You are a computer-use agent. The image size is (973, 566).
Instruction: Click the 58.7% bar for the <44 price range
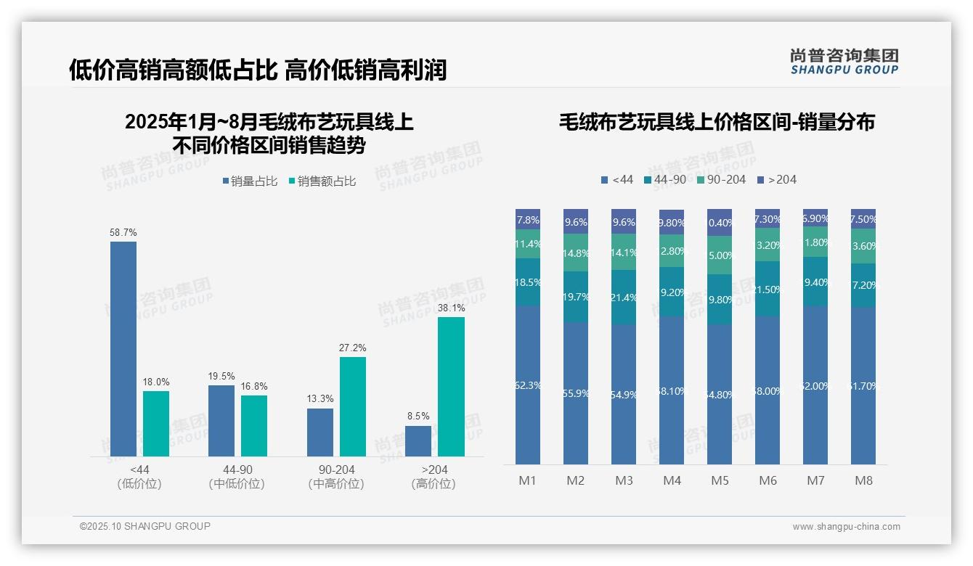[x=123, y=348]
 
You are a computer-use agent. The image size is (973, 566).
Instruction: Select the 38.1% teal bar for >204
[x=451, y=386]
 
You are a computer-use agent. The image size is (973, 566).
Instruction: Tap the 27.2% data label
[x=352, y=348]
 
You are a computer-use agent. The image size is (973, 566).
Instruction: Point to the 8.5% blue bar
[x=418, y=441]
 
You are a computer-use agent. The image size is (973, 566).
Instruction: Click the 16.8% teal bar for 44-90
[x=254, y=425]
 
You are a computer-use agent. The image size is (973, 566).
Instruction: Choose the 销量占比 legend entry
[x=250, y=181]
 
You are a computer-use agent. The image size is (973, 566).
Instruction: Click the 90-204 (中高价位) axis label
[x=335, y=477]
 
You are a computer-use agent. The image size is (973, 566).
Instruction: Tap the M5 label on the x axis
[x=720, y=480]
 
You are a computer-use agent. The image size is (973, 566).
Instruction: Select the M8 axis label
[x=863, y=480]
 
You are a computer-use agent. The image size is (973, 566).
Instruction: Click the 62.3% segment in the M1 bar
[x=528, y=385]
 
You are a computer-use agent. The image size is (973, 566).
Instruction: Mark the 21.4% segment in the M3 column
[x=624, y=298]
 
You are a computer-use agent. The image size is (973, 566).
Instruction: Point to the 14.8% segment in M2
[x=576, y=253]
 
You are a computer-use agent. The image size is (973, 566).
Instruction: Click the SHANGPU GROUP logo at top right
[x=844, y=62]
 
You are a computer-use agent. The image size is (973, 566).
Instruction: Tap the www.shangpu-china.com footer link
[x=846, y=527]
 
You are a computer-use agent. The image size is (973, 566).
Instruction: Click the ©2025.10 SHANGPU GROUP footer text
[x=145, y=526]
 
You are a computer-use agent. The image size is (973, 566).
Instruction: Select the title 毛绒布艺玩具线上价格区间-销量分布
[x=717, y=122]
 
